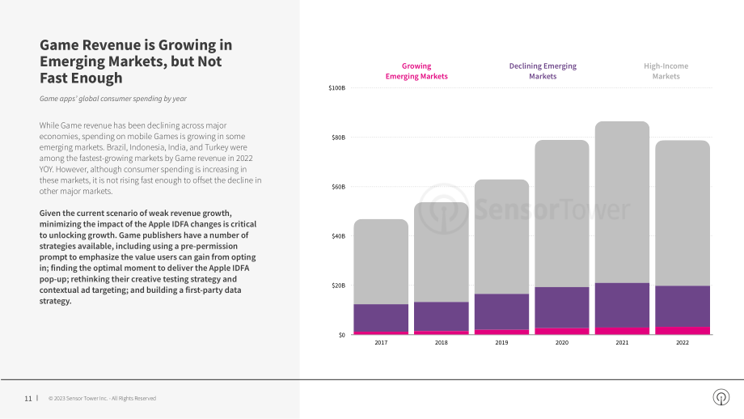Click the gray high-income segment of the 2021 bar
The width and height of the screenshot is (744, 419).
(622, 202)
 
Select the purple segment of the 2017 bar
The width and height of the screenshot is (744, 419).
(381, 318)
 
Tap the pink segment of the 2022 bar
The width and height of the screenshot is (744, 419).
(683, 331)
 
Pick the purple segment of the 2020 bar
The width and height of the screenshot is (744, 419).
(562, 307)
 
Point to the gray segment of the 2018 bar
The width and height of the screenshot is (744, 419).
(442, 252)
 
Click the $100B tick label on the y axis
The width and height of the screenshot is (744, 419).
(337, 88)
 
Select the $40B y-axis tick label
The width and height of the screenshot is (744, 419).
(338, 236)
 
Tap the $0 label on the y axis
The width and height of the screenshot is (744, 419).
(342, 335)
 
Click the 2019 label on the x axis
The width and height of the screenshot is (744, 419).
(501, 343)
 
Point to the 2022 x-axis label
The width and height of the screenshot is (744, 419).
(683, 343)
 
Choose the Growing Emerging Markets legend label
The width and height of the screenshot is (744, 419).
(416, 71)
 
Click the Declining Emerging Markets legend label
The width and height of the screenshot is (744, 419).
(543, 71)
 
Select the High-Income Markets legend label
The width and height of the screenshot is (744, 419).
(666, 71)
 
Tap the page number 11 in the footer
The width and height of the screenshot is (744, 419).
(28, 399)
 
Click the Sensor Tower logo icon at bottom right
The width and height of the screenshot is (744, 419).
(721, 397)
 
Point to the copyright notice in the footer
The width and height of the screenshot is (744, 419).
(102, 399)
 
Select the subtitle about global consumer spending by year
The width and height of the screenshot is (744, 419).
(113, 99)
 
